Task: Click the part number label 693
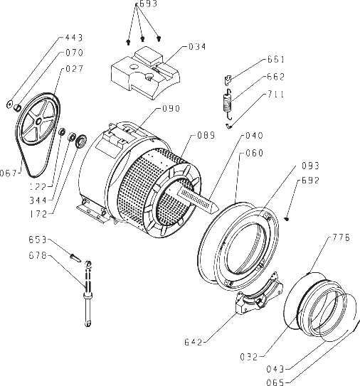[148, 4]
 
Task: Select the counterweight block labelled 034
[145, 73]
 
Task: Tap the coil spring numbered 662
[228, 104]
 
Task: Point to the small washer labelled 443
[9, 104]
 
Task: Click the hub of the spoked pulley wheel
[38, 121]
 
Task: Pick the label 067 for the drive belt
[9, 173]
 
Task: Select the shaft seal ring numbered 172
[81, 141]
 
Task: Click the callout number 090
[171, 108]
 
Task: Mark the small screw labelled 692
[287, 218]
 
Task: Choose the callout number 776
[342, 237]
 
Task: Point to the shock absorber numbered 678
[88, 294]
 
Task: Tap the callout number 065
[275, 382]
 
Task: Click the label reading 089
[206, 135]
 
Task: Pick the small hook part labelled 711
[229, 127]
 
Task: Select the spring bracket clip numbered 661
[228, 80]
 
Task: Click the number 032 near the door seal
[249, 356]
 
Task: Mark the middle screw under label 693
[142, 38]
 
